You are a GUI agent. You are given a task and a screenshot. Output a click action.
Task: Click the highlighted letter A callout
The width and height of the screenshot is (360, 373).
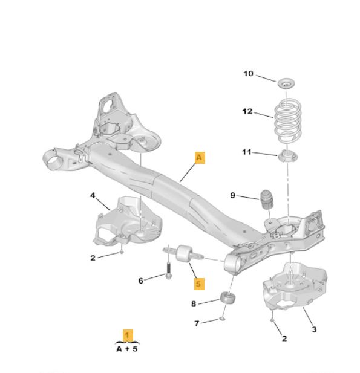coord(200,158)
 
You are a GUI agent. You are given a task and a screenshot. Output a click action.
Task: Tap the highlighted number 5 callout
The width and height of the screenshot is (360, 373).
coord(199,284)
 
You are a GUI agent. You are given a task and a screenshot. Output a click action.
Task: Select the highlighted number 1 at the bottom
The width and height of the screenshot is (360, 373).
coord(128,336)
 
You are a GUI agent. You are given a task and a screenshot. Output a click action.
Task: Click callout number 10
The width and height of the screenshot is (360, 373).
coord(248,74)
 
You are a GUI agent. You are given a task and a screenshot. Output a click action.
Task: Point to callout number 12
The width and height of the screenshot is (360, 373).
coord(247,111)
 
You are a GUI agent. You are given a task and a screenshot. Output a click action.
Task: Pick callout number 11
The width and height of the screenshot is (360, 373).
coord(247,152)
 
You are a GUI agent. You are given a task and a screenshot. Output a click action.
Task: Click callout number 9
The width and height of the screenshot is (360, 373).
coord(232,195)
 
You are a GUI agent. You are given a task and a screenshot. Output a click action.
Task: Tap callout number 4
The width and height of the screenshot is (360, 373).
coord(93,195)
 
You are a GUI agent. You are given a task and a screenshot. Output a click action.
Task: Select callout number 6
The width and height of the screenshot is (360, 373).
coord(141,281)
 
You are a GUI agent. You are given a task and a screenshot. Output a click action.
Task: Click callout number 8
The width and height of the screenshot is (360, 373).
coord(194,303)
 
